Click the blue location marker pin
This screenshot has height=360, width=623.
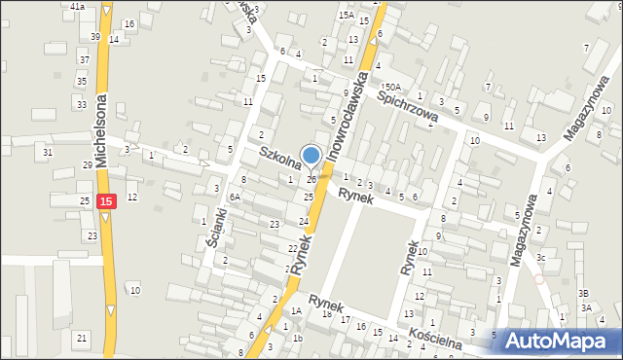point(311,155)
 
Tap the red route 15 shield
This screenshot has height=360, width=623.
point(106,201)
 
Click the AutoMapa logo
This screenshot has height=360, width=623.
point(556,341)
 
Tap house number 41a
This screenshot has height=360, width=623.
point(78,6)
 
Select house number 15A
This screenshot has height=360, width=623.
point(346,16)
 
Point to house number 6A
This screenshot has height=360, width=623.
point(234,197)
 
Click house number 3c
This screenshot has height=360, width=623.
point(540,257)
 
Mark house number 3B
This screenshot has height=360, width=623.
point(583,293)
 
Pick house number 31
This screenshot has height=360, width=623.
point(47,152)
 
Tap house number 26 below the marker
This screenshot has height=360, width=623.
point(311,179)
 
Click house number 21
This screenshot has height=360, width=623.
point(82,338)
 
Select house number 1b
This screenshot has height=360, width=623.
point(298,339)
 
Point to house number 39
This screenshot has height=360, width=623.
point(95,37)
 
